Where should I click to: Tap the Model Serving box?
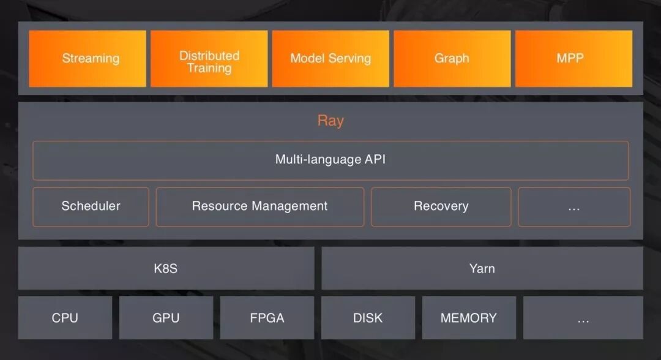tap(330, 59)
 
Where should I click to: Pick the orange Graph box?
tap(452, 59)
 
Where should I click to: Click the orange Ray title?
tap(330, 121)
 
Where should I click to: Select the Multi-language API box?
tap(330, 160)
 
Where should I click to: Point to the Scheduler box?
tap(91, 206)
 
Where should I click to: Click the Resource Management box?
tap(260, 206)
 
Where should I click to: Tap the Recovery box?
tap(441, 206)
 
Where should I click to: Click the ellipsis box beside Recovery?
tap(574, 206)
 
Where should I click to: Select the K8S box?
tap(166, 268)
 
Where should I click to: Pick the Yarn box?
tap(482, 268)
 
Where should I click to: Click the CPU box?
tap(65, 318)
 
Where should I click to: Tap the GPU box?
tap(166, 318)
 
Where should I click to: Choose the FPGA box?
tap(267, 318)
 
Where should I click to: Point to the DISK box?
tap(368, 318)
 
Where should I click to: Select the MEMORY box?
tap(469, 318)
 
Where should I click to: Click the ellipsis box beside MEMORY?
tap(583, 318)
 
